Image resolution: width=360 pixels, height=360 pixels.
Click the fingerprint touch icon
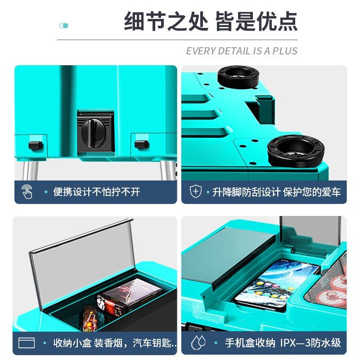click(27, 192)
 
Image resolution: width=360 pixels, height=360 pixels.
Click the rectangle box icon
click(27, 343)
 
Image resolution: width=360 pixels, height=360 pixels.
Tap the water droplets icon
click(198, 343)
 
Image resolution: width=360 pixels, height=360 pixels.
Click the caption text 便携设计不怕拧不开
click(97, 192)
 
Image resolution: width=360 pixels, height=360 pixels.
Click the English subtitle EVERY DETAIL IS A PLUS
click(242, 51)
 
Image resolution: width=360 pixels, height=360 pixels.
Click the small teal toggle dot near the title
click(64, 26)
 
